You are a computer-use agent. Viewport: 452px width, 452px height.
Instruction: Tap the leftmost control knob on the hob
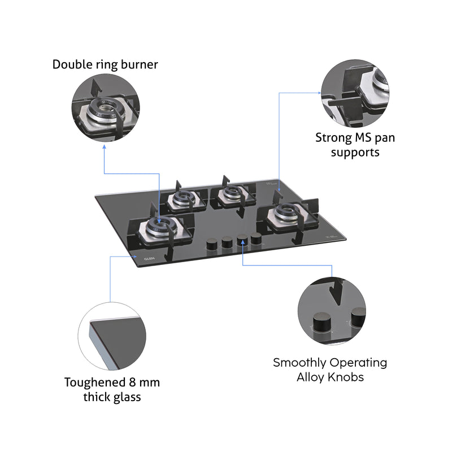tap(212, 244)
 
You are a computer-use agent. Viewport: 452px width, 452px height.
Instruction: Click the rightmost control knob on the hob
tap(257, 238)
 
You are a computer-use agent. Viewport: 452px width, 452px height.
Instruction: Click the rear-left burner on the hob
tap(184, 198)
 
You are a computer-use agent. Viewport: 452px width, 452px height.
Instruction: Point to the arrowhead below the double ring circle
tap(105, 147)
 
